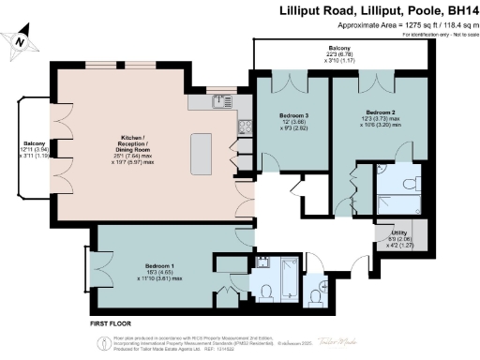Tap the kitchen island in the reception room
click(x=202, y=150)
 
